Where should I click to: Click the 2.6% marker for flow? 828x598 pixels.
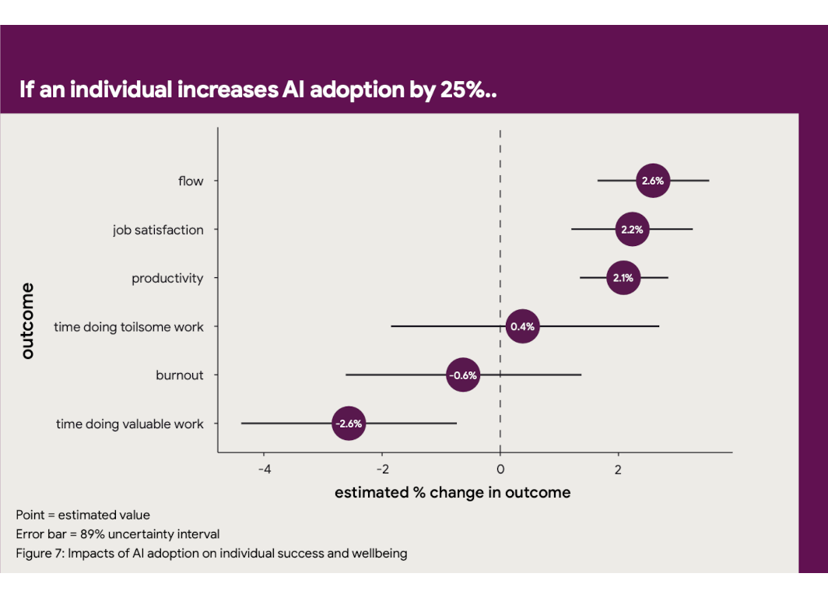[652, 181]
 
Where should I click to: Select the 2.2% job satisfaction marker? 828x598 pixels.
[632, 230]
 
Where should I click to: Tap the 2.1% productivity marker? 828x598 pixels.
[623, 278]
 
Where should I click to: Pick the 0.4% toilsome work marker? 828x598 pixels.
[522, 326]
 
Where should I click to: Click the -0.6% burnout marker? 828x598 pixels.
[463, 375]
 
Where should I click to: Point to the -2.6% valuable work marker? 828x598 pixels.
[348, 424]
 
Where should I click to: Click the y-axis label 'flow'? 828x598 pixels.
[191, 181]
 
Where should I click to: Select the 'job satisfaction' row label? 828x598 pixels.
[158, 230]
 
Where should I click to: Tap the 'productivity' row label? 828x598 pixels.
[167, 279]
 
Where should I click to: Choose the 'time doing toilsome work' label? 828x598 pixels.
[128, 327]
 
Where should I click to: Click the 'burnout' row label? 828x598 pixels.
[179, 375]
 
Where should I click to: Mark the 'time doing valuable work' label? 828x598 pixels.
[129, 424]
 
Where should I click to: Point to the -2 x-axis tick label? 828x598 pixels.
[382, 470]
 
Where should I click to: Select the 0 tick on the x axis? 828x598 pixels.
[500, 470]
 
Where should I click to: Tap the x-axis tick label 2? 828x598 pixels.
[619, 470]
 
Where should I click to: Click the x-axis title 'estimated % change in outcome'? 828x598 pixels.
[452, 493]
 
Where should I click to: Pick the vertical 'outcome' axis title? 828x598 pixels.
[28, 322]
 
